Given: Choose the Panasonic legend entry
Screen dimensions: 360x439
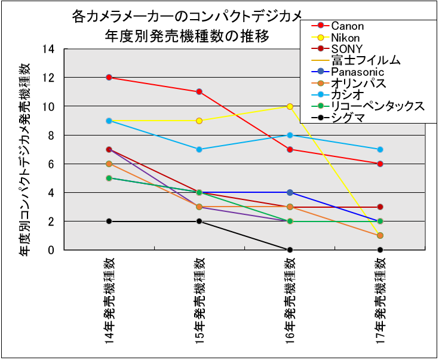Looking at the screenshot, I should [357, 72].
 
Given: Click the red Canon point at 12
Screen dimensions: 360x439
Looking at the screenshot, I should [109, 78].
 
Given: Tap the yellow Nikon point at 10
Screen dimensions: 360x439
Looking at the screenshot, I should [290, 106].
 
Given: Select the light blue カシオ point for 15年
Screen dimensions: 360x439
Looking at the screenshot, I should [199, 149].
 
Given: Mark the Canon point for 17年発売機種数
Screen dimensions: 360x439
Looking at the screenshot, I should [380, 164].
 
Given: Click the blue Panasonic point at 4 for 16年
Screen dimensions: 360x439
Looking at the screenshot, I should [290, 192].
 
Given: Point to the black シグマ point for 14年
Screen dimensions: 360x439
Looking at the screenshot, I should [109, 221].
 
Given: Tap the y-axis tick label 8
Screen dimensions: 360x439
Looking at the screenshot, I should [51, 135].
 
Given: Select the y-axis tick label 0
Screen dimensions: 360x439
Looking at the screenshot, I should [51, 250].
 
